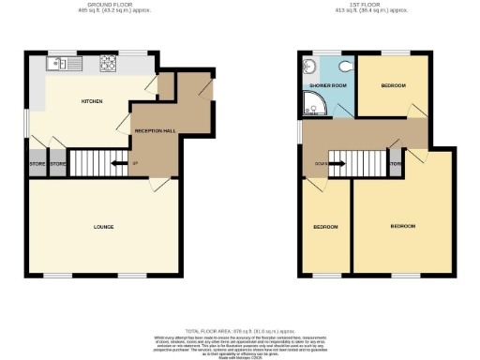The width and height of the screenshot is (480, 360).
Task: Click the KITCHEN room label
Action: click(x=91, y=101)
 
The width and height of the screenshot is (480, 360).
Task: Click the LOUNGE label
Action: click(x=103, y=227)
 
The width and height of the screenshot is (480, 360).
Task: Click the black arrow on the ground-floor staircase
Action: click(x=117, y=164)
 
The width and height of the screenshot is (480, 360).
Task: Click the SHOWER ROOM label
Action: click(x=323, y=86)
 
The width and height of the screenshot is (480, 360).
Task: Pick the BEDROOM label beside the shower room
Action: click(x=394, y=86)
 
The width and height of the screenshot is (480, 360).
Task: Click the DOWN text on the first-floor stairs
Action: click(x=322, y=163)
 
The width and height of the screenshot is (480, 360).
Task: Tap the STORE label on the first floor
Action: click(x=396, y=164)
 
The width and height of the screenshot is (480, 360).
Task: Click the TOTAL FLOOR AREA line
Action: click(x=239, y=331)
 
